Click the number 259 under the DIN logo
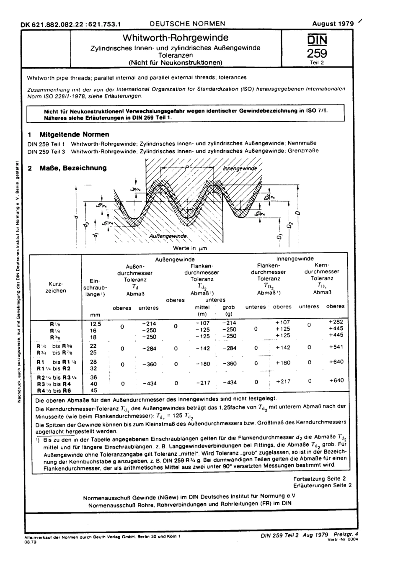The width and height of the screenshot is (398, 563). tap(317, 54)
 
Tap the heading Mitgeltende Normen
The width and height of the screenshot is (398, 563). tap(74, 134)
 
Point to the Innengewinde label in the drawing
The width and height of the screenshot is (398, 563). tap(240, 168)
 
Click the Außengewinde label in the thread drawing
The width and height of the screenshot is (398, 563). tap(168, 236)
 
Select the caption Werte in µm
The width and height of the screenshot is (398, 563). tap(190, 248)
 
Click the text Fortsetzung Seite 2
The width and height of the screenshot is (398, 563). tap(319, 478)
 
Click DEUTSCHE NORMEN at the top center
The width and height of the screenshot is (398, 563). tap(187, 24)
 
